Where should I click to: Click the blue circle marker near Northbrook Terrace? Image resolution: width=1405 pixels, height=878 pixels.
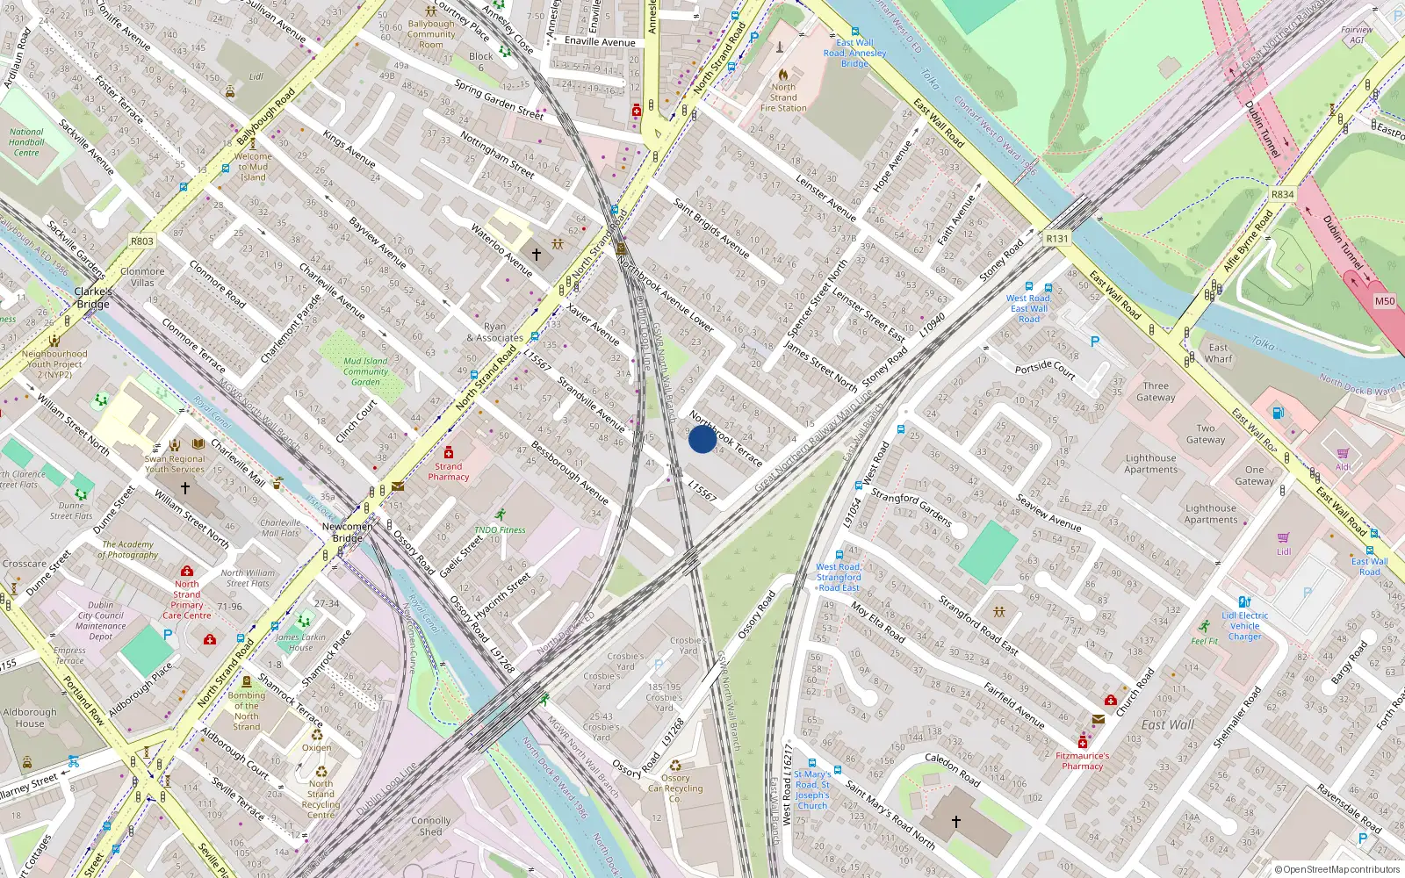pyautogui.click(x=702, y=439)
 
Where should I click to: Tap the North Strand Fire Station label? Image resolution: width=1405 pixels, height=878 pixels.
pyautogui.click(x=783, y=97)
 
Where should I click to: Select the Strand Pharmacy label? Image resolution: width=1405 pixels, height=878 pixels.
pyautogui.click(x=448, y=471)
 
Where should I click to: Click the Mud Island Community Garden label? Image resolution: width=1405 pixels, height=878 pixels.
pyautogui.click(x=365, y=371)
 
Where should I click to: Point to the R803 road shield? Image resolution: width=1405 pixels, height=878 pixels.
pyautogui.click(x=141, y=241)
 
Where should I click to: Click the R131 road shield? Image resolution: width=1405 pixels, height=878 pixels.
pyautogui.click(x=1057, y=239)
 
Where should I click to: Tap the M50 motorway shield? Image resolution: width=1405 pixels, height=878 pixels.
pyautogui.click(x=1384, y=301)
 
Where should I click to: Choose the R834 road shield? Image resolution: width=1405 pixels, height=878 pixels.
pyautogui.click(x=1282, y=195)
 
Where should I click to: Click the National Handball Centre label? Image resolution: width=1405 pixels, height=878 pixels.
pyautogui.click(x=26, y=142)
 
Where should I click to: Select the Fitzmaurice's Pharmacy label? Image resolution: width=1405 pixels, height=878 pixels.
pyautogui.click(x=1082, y=760)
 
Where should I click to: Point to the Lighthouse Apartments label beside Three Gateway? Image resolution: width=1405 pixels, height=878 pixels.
pyautogui.click(x=1150, y=464)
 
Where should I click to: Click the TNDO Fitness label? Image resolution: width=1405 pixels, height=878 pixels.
pyautogui.click(x=500, y=530)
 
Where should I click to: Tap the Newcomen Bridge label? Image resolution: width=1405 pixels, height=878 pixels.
pyautogui.click(x=347, y=532)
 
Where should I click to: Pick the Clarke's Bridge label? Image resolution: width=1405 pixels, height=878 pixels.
pyautogui.click(x=93, y=298)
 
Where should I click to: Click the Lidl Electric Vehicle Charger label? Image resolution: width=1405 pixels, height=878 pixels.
pyautogui.click(x=1244, y=626)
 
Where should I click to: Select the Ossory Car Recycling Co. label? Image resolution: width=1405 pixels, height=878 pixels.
pyautogui.click(x=675, y=788)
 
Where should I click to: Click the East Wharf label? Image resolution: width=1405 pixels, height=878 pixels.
pyautogui.click(x=1218, y=353)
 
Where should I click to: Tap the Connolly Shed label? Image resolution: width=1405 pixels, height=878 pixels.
pyautogui.click(x=430, y=826)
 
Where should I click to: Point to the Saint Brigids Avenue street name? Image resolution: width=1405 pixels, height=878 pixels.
pyautogui.click(x=711, y=228)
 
